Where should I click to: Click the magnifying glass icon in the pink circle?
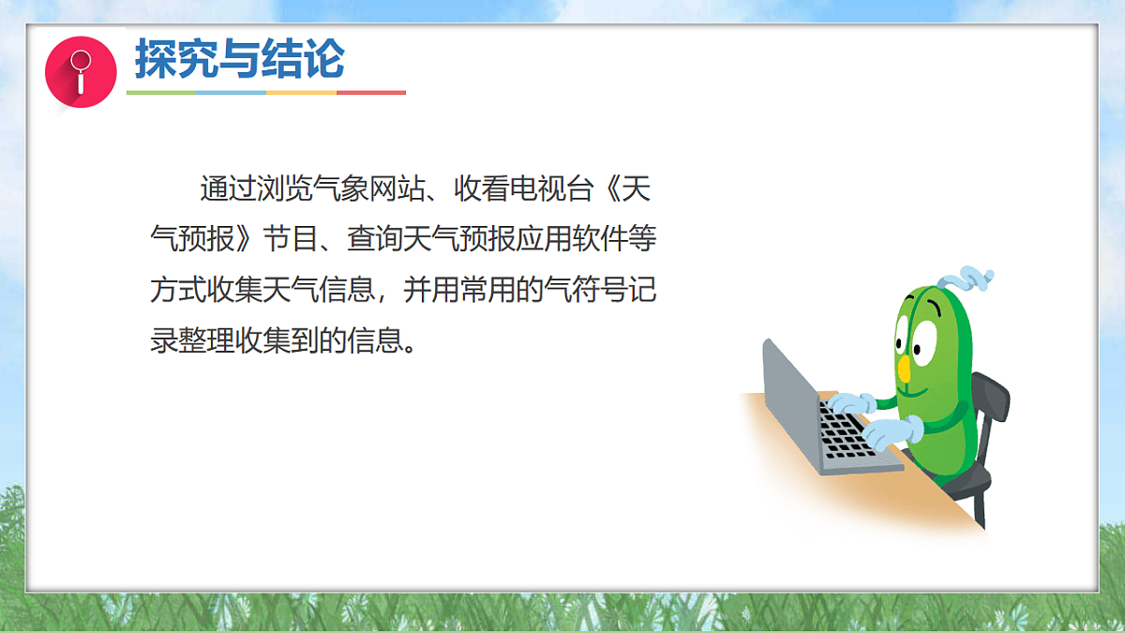pyautogui.click(x=81, y=72)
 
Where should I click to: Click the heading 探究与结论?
pyautogui.click(x=239, y=59)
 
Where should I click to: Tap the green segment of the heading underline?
pyautogui.click(x=161, y=93)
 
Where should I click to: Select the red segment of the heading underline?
pyautogui.click(x=371, y=93)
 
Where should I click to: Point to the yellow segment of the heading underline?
pyautogui.click(x=301, y=93)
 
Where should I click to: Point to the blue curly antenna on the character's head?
pyautogui.click(x=965, y=279)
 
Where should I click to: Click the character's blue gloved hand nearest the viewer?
pyautogui.click(x=890, y=433)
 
